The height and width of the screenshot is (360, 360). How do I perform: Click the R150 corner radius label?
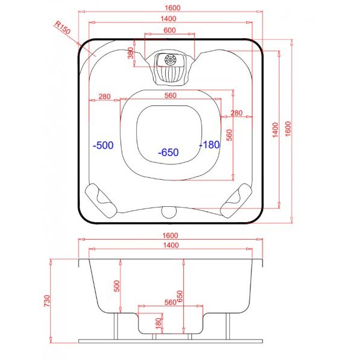tap(63, 28)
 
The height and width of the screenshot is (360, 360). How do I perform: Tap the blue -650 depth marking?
tap(169, 152)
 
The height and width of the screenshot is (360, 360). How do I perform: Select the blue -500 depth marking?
tap(103, 145)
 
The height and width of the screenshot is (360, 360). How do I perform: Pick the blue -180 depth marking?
tap(209, 145)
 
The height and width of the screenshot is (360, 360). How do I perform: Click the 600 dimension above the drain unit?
tap(169, 30)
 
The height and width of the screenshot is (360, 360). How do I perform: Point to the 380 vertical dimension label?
tap(131, 53)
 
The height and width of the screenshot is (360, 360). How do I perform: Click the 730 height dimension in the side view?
tap(47, 301)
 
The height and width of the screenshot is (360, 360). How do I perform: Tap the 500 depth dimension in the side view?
tap(117, 286)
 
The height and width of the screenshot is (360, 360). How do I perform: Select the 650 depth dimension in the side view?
tap(180, 296)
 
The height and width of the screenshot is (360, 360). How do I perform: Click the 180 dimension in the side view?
tap(159, 323)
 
